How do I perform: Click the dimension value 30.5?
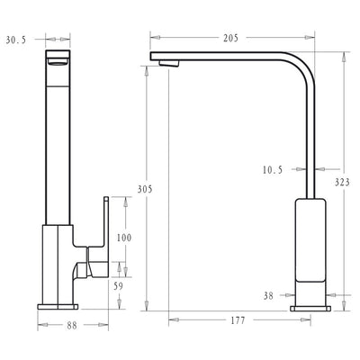point(14,39)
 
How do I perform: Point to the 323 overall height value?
point(342,182)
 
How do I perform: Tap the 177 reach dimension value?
point(238,320)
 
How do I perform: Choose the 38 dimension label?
point(269,294)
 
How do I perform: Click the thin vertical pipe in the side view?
point(312,144)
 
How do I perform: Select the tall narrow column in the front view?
point(58,144)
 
